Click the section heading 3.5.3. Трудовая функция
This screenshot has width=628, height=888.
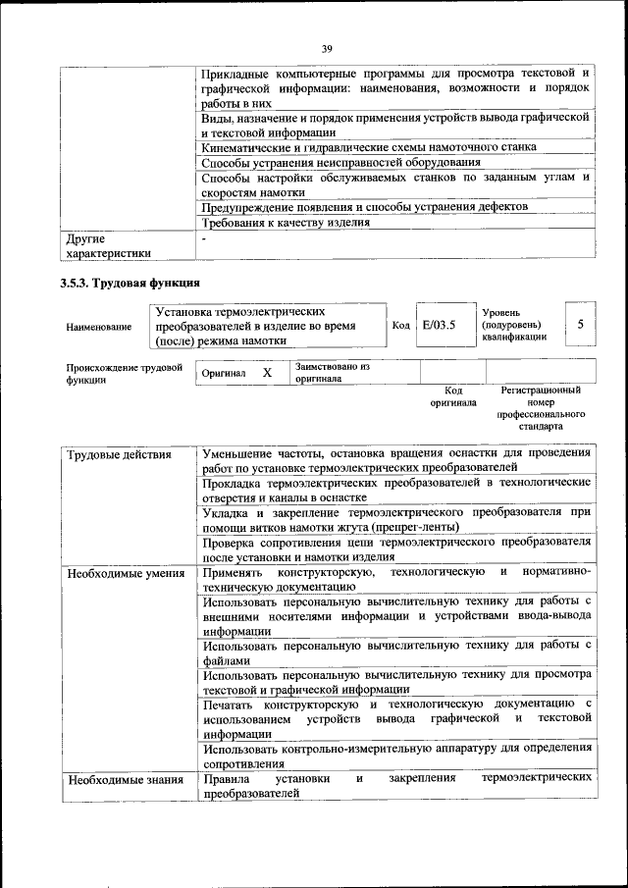coord(123,283)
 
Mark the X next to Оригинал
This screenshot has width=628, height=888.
coord(266,374)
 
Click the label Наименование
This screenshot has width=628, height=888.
coord(98,326)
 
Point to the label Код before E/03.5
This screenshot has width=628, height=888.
coord(400,326)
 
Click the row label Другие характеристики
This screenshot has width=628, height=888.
coord(108,245)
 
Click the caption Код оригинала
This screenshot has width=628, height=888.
coord(452,396)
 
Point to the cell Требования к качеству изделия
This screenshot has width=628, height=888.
coord(286,222)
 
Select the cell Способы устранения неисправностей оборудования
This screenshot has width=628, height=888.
coord(340,162)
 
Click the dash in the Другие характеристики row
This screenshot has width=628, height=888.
coord(204,238)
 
